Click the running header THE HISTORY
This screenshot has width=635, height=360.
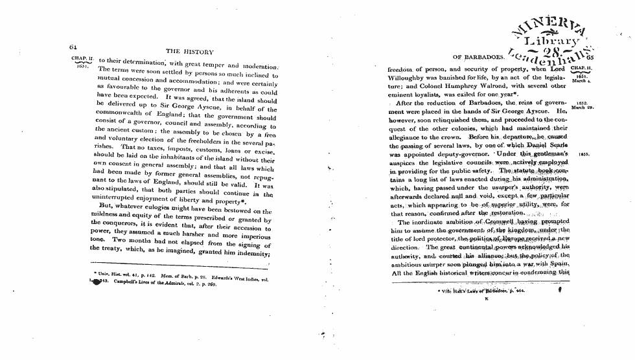pyautogui.click(x=190, y=51)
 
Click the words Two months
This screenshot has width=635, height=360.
pyautogui.click(x=133, y=239)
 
